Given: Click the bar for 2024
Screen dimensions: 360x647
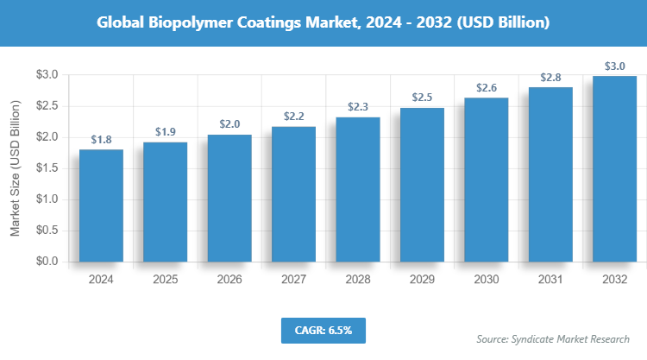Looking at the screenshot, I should point(101,205).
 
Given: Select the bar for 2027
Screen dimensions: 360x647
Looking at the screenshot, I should point(293,194).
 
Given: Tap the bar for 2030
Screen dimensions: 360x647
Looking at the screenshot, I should point(487,180).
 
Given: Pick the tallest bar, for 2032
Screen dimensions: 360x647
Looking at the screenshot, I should point(615,168).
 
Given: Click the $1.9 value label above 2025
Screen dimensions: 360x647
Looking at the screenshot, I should point(165,132).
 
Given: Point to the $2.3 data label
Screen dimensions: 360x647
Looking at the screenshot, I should point(358,107).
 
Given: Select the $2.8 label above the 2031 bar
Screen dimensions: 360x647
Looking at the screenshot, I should point(550,78).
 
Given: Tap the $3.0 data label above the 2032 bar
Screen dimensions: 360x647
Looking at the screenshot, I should point(615,66).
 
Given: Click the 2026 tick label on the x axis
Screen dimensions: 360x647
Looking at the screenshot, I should point(229,280).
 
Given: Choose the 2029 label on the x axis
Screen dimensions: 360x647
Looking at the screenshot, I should point(422,280).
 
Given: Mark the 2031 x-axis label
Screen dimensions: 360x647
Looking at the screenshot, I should point(550,280).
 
